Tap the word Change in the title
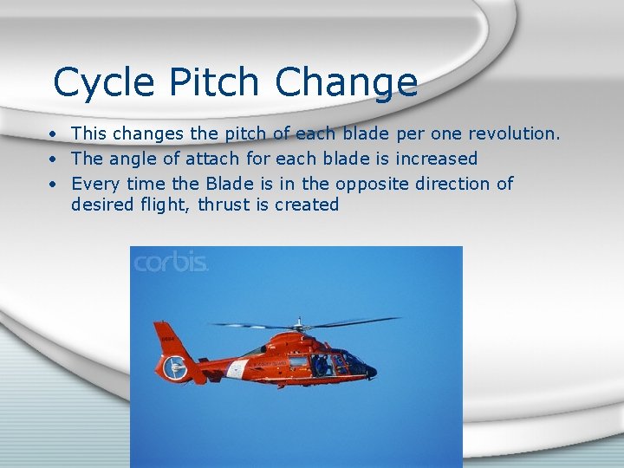point(347,83)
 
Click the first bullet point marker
point(53,135)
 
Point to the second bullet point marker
point(53,159)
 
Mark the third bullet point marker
point(53,185)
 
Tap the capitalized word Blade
point(229,184)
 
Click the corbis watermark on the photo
point(171,262)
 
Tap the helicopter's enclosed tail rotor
point(177,369)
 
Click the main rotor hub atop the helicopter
point(300,326)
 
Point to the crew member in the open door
point(321,364)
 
